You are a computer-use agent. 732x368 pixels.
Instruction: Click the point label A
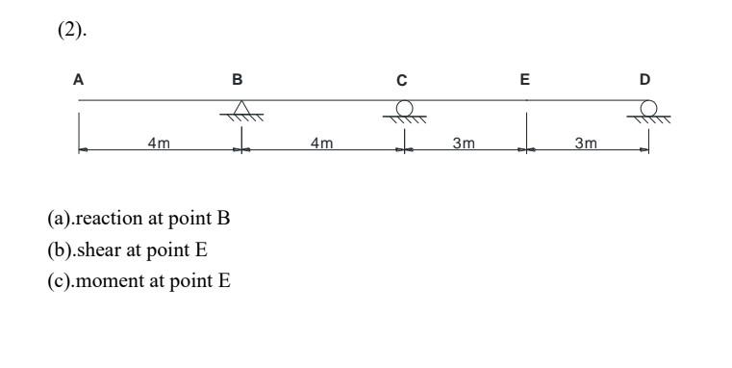pyautogui.click(x=78, y=81)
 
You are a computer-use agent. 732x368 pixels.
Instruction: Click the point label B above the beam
pyautogui.click(x=239, y=81)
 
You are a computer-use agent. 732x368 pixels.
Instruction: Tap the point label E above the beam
pyautogui.click(x=525, y=81)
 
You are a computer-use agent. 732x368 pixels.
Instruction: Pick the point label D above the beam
pyautogui.click(x=645, y=81)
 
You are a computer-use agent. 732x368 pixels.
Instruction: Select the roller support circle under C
pyautogui.click(x=405, y=106)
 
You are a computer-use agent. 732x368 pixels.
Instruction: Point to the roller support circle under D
pyautogui.click(x=649, y=106)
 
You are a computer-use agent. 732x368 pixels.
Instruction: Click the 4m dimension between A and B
pyautogui.click(x=159, y=143)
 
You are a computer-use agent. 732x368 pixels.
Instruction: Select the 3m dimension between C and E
pyautogui.click(x=464, y=143)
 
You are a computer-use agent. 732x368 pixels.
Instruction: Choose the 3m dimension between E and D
pyautogui.click(x=586, y=143)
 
